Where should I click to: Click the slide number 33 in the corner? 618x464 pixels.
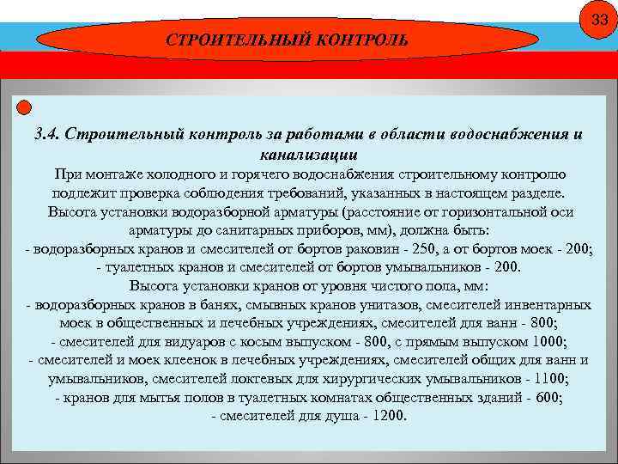[597, 20]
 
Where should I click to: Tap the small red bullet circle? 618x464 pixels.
[24, 107]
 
